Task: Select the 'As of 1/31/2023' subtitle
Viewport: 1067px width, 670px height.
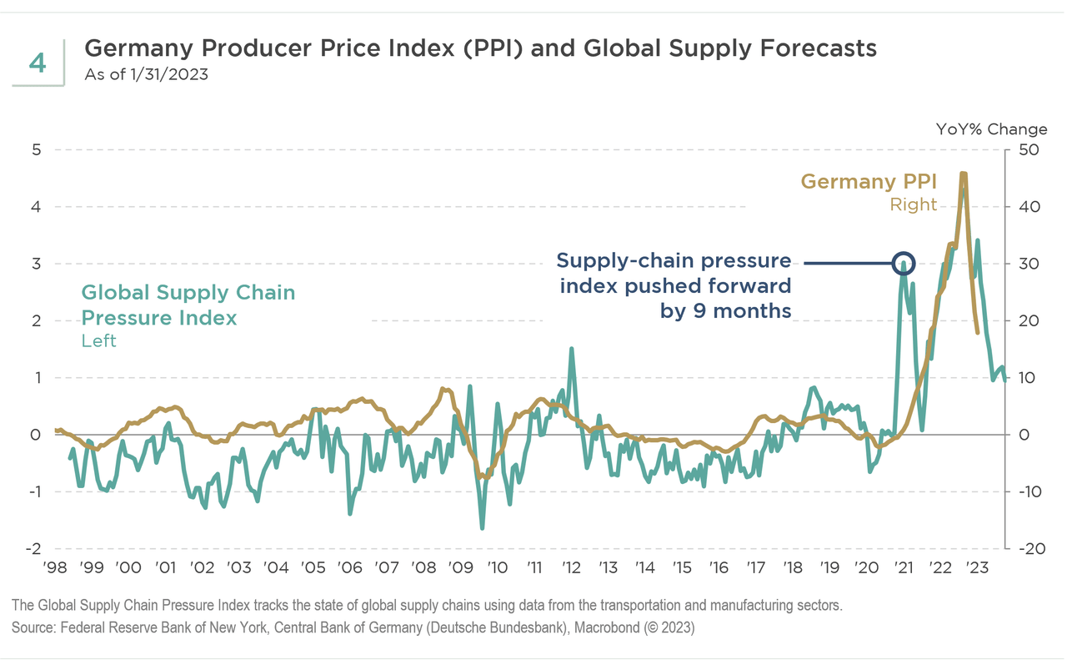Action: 146,74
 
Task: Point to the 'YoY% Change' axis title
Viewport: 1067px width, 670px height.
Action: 991,129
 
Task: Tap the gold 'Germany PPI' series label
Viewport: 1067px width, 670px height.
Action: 868,181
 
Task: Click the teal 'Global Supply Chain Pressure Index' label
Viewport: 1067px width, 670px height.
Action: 188,305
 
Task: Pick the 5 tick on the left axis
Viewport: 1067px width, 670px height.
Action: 36,150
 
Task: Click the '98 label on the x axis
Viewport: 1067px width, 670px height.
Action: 55,568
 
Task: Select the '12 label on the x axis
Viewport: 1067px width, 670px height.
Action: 571,568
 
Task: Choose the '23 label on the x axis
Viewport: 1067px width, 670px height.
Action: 977,568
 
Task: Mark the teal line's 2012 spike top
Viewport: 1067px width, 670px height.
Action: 572,349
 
